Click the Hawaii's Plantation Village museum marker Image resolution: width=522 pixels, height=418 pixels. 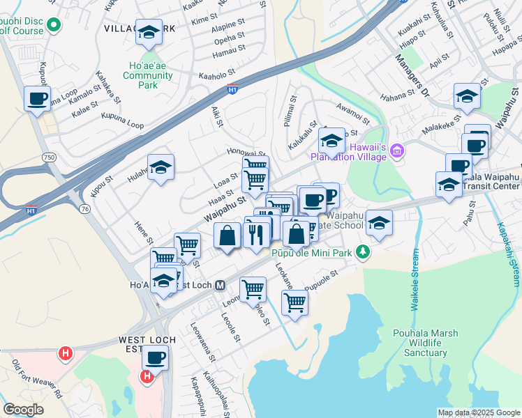pos(397,150)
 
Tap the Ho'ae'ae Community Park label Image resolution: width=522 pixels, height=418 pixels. pos(148,76)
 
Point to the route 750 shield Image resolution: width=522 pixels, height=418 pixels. pos(49,158)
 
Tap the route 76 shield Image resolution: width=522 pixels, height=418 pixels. pos(85,208)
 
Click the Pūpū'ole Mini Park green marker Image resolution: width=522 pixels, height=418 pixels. pos(362,251)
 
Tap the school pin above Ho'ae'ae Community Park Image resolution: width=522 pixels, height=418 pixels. pos(148,32)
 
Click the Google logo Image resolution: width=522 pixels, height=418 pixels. pos(24,410)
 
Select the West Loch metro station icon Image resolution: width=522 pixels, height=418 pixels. pos(219,285)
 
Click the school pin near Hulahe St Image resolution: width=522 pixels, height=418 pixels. pos(161,167)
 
